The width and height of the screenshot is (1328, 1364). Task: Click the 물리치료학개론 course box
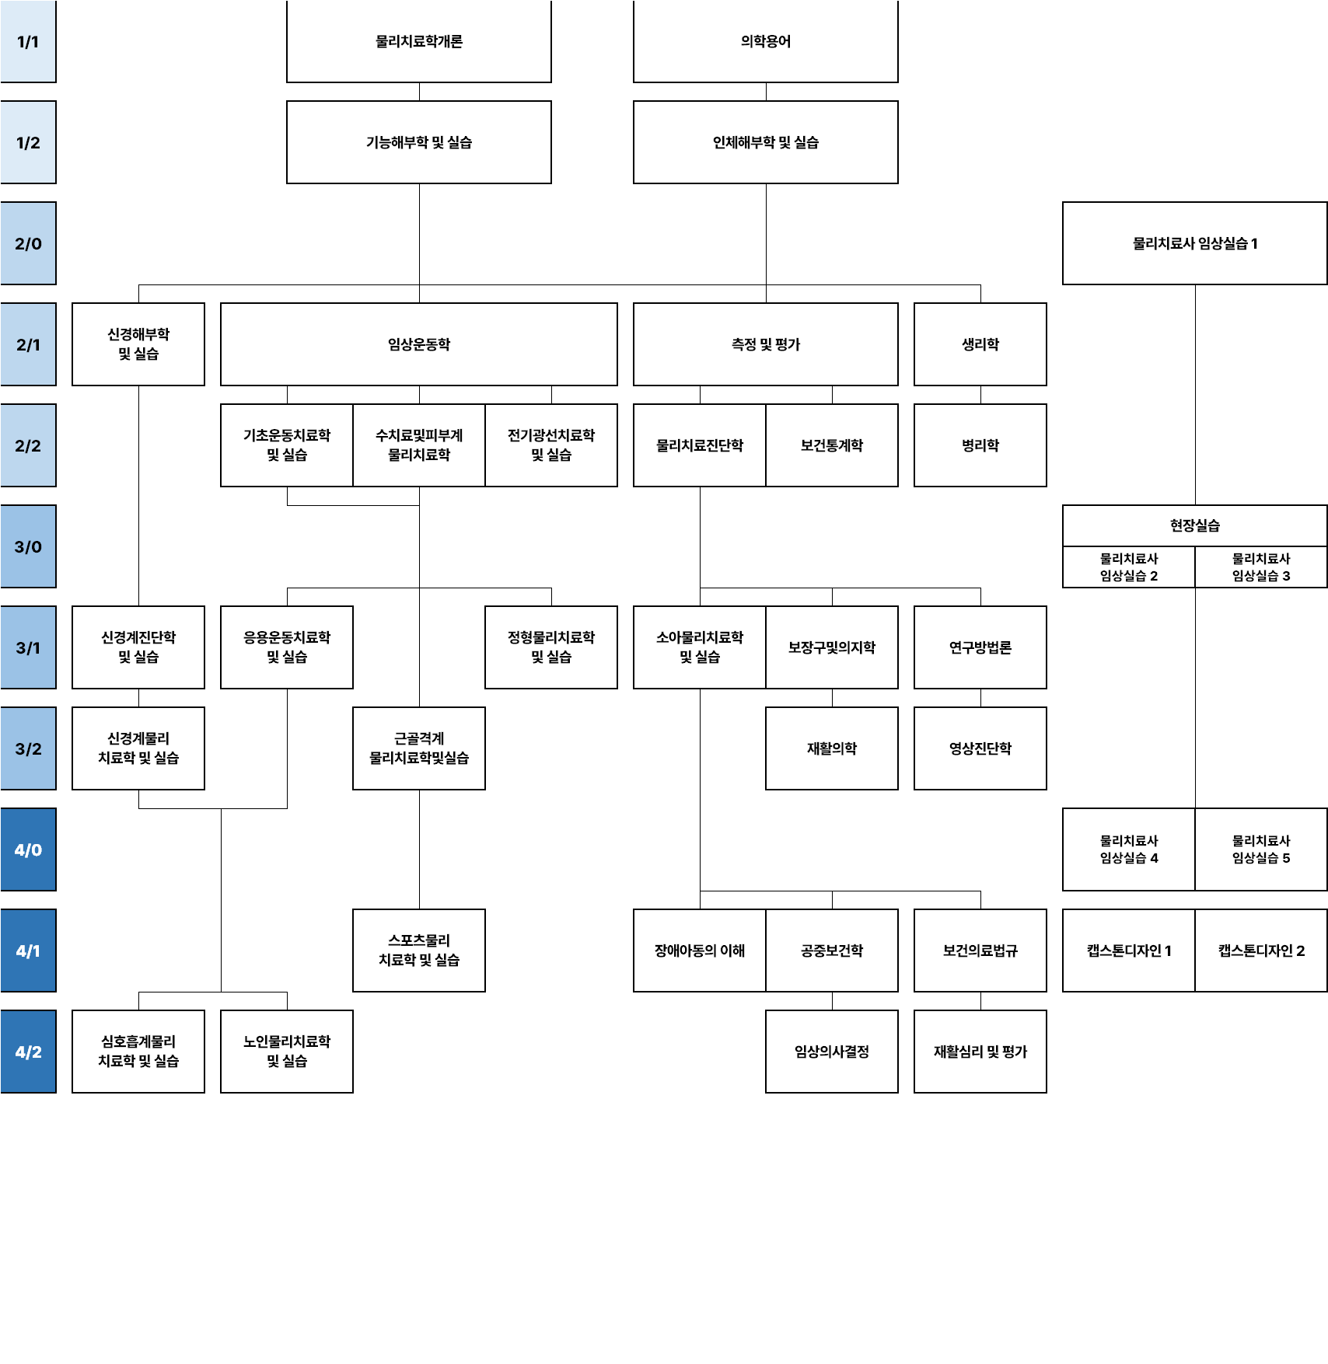[x=419, y=41]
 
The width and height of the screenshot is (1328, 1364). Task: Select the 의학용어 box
[x=765, y=41]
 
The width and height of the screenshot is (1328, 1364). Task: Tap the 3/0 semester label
[x=28, y=546]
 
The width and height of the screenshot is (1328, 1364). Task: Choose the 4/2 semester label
[x=28, y=1052]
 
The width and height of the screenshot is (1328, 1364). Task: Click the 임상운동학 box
[x=419, y=344]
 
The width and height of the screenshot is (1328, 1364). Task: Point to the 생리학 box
[x=980, y=344]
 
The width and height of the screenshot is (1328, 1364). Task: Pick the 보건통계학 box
[x=832, y=445]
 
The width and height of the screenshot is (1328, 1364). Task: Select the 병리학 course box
[x=980, y=445]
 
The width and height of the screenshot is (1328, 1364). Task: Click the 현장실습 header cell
[x=1194, y=525]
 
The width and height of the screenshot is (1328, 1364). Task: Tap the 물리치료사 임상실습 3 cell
[x=1260, y=567]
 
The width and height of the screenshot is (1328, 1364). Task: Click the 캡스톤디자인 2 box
[x=1260, y=951]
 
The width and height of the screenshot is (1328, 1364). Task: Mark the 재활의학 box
[x=832, y=748]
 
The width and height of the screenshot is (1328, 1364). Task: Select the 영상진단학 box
[x=980, y=748]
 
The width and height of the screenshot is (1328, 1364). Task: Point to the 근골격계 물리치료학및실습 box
[x=419, y=748]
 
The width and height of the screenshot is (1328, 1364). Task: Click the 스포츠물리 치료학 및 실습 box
[x=419, y=951]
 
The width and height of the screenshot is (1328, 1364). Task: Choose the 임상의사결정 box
[x=832, y=1052]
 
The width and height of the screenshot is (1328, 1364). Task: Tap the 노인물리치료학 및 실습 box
[x=287, y=1052]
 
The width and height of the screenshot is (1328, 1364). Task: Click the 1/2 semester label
[x=28, y=142]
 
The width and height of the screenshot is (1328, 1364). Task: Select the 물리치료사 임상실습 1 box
[x=1194, y=243]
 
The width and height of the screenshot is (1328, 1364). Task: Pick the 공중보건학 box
[x=832, y=951]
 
